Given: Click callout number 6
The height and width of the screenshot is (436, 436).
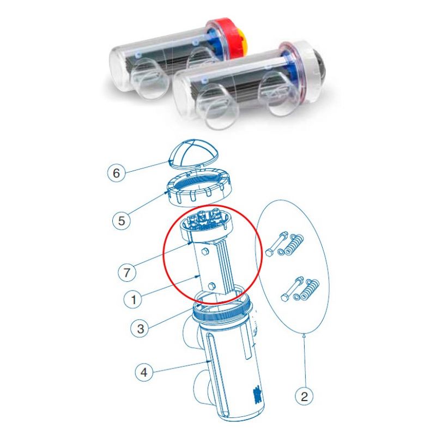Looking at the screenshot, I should (116, 174).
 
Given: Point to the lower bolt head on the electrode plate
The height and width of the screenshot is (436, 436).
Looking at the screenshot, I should (211, 286).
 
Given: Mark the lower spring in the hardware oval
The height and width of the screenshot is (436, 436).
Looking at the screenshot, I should (309, 289).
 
